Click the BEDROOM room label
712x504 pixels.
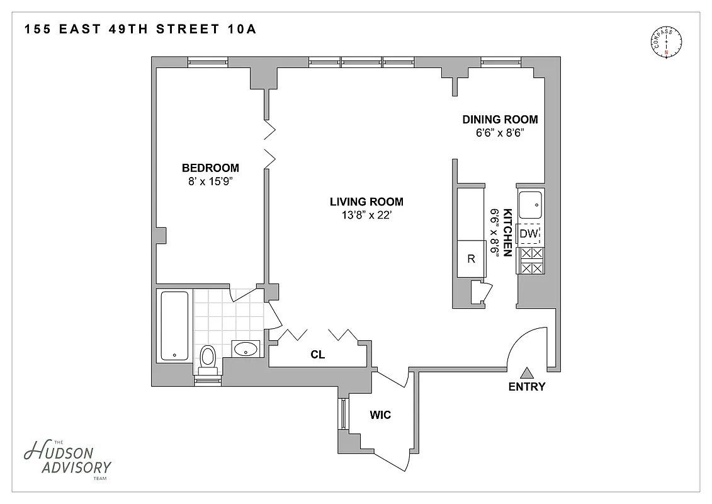coord(210,168)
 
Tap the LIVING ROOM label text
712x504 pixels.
coord(366,202)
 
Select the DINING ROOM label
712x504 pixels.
coord(500,120)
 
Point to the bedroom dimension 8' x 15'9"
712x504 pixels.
coord(210,181)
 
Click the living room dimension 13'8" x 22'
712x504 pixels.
coord(366,215)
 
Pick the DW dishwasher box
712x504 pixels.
coord(529,234)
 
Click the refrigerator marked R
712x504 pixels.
coord(471,258)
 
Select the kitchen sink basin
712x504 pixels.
coord(530,203)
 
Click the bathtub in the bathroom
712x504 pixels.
coord(174,325)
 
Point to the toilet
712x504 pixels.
coord(208,357)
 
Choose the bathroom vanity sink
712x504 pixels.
coord(246,348)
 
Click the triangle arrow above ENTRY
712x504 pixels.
coord(527,372)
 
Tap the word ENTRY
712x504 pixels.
coord(527,387)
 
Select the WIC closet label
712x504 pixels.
coord(380,415)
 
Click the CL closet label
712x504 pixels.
coord(318,355)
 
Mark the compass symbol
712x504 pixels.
coord(665,42)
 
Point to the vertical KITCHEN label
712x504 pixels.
coord(506,230)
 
